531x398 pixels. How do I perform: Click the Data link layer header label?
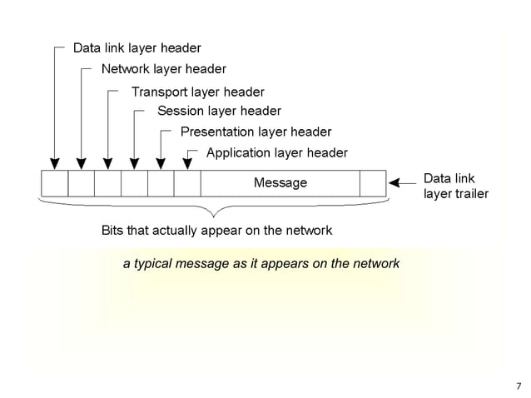click(x=136, y=48)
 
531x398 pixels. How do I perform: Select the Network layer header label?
click(x=163, y=69)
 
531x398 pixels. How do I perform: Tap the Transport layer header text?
click(x=197, y=92)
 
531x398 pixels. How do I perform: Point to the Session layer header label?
click(x=219, y=111)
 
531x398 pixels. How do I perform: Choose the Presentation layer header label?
click(x=256, y=132)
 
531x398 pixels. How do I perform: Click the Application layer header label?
click(x=276, y=152)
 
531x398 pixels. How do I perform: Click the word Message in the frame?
click(x=280, y=182)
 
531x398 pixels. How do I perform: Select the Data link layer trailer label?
click(x=455, y=187)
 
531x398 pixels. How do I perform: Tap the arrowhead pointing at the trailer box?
click(x=395, y=182)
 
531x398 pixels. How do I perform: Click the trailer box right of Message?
click(x=373, y=182)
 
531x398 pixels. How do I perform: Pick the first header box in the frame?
click(x=55, y=182)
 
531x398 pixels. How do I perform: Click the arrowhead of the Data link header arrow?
click(x=55, y=163)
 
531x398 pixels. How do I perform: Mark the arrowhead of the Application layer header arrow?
click(x=187, y=163)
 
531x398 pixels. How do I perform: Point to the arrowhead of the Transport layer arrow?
click(x=108, y=163)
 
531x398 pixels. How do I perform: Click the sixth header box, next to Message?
click(x=187, y=182)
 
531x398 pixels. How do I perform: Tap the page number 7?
click(x=518, y=386)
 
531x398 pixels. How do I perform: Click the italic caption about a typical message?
click(x=261, y=264)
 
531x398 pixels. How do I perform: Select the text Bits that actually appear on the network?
click(x=216, y=230)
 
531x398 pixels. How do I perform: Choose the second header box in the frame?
click(x=82, y=182)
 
